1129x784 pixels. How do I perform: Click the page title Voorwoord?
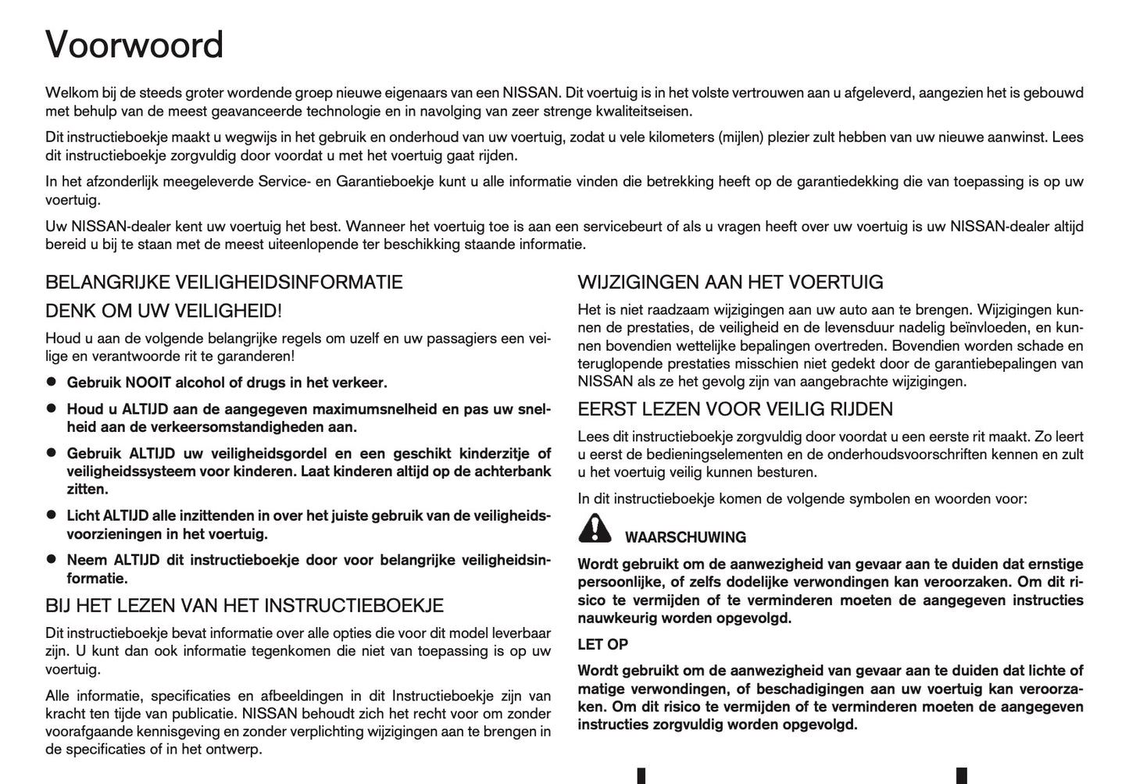tap(134, 45)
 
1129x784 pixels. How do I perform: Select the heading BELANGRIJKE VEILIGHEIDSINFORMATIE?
tap(224, 282)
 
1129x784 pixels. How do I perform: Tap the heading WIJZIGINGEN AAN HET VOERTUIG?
tap(731, 282)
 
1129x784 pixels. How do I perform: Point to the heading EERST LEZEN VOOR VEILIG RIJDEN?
tap(735, 409)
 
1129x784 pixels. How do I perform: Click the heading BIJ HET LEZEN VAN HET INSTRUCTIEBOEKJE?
tap(245, 605)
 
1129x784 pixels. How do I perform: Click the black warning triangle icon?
tap(595, 529)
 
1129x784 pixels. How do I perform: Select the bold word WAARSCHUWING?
tap(685, 537)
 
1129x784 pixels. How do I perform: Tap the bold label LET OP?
tap(602, 644)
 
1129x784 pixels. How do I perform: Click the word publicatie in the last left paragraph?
tap(198, 714)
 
